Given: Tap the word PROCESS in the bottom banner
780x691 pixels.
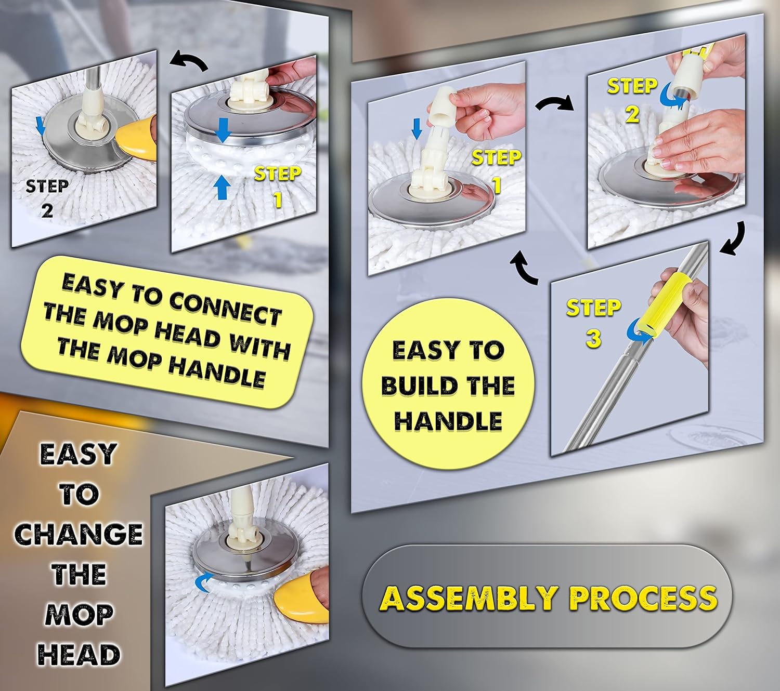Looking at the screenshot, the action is click(643, 598).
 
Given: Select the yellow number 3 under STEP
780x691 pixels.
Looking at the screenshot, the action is click(593, 339).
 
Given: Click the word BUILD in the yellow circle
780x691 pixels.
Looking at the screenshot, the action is click(414, 386).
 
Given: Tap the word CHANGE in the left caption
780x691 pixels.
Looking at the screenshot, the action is click(78, 534).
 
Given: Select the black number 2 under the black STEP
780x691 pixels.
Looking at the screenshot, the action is click(47, 210).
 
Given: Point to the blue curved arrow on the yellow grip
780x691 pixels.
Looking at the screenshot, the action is click(639, 333).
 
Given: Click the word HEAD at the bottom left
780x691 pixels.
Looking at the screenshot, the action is click(79, 655).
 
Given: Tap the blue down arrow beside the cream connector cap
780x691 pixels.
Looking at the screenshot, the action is click(416, 128).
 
